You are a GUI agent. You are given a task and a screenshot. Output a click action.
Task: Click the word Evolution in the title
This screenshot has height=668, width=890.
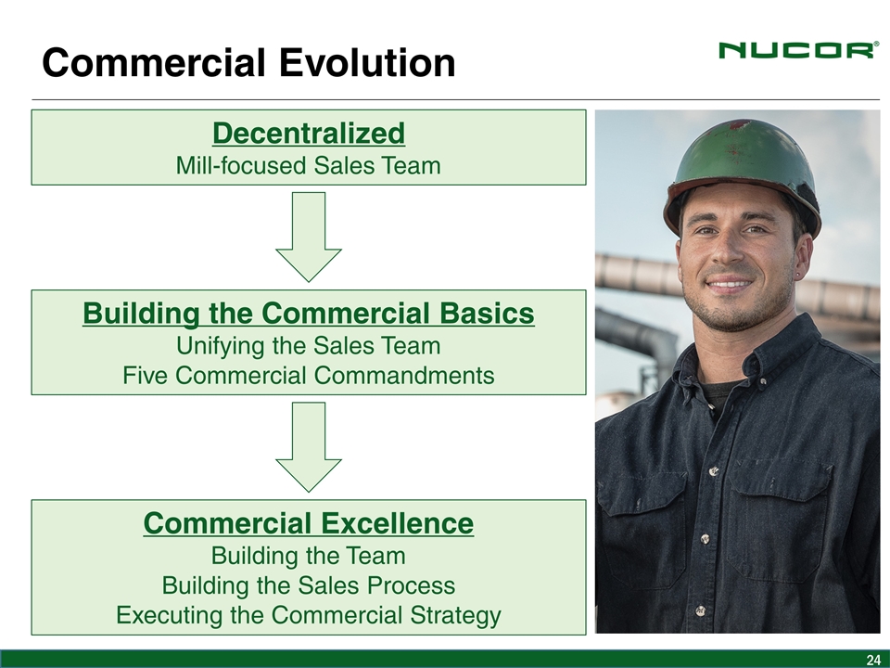tap(367, 62)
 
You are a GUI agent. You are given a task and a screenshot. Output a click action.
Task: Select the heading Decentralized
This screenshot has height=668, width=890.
tap(309, 133)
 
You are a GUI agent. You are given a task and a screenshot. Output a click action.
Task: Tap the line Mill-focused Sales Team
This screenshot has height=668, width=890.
tap(308, 166)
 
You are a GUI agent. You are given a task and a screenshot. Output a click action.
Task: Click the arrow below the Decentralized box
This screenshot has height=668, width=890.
tap(309, 237)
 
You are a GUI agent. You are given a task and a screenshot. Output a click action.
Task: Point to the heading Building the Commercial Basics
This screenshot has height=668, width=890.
tap(309, 313)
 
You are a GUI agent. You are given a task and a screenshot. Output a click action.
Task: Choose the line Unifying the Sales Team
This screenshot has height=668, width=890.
tap(308, 346)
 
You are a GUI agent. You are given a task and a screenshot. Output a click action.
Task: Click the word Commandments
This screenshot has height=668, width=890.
tap(404, 376)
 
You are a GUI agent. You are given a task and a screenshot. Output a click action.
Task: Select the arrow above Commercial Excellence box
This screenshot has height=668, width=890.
tap(309, 447)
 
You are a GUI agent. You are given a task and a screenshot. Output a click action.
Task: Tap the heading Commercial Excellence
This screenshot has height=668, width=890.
tap(308, 523)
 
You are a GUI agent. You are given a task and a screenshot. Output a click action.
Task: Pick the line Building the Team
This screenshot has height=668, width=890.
tap(308, 556)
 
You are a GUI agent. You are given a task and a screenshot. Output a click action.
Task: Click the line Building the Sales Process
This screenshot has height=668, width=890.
tap(308, 585)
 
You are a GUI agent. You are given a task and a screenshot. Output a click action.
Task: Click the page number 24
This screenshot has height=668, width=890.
tap(873, 660)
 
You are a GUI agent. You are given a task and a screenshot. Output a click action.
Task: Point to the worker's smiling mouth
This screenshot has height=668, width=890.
tap(730, 283)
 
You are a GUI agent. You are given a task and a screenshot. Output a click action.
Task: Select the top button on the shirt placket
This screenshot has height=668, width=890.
tap(713, 471)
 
